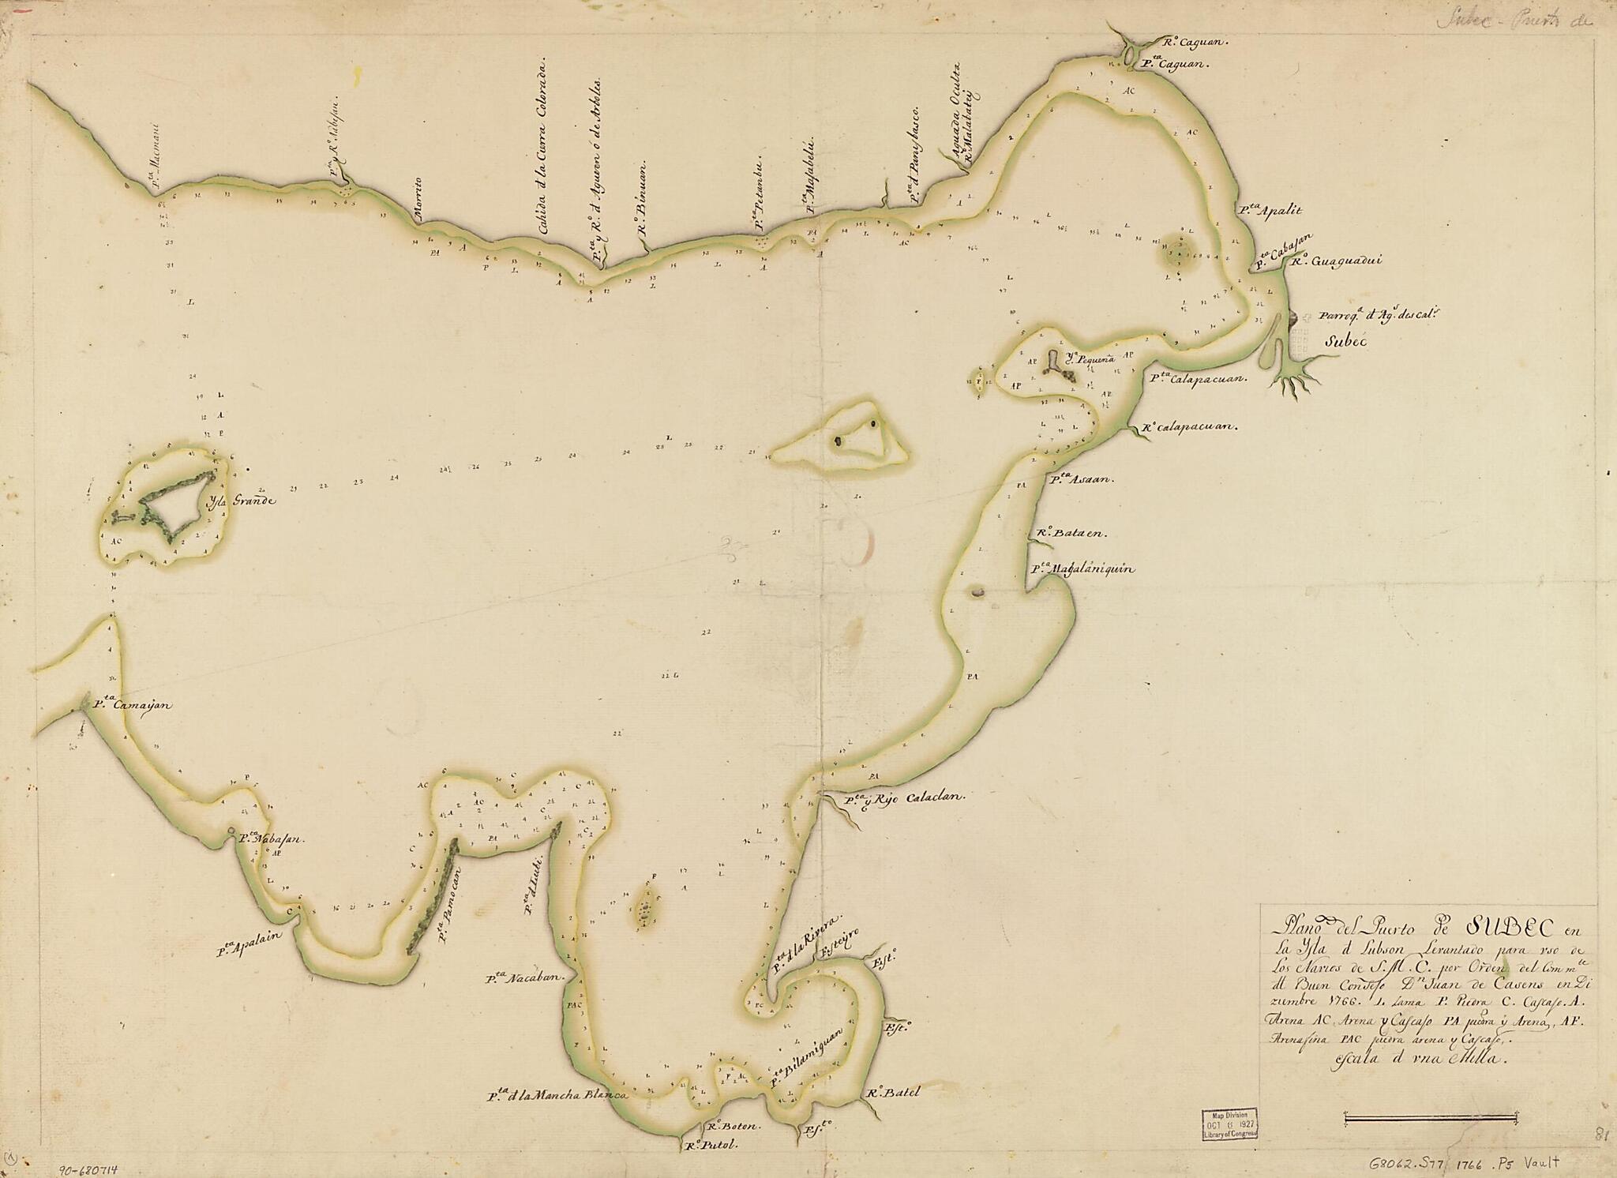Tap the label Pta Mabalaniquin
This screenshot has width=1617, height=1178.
[x=1082, y=568]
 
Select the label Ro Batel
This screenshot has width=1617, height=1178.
[x=893, y=1094]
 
